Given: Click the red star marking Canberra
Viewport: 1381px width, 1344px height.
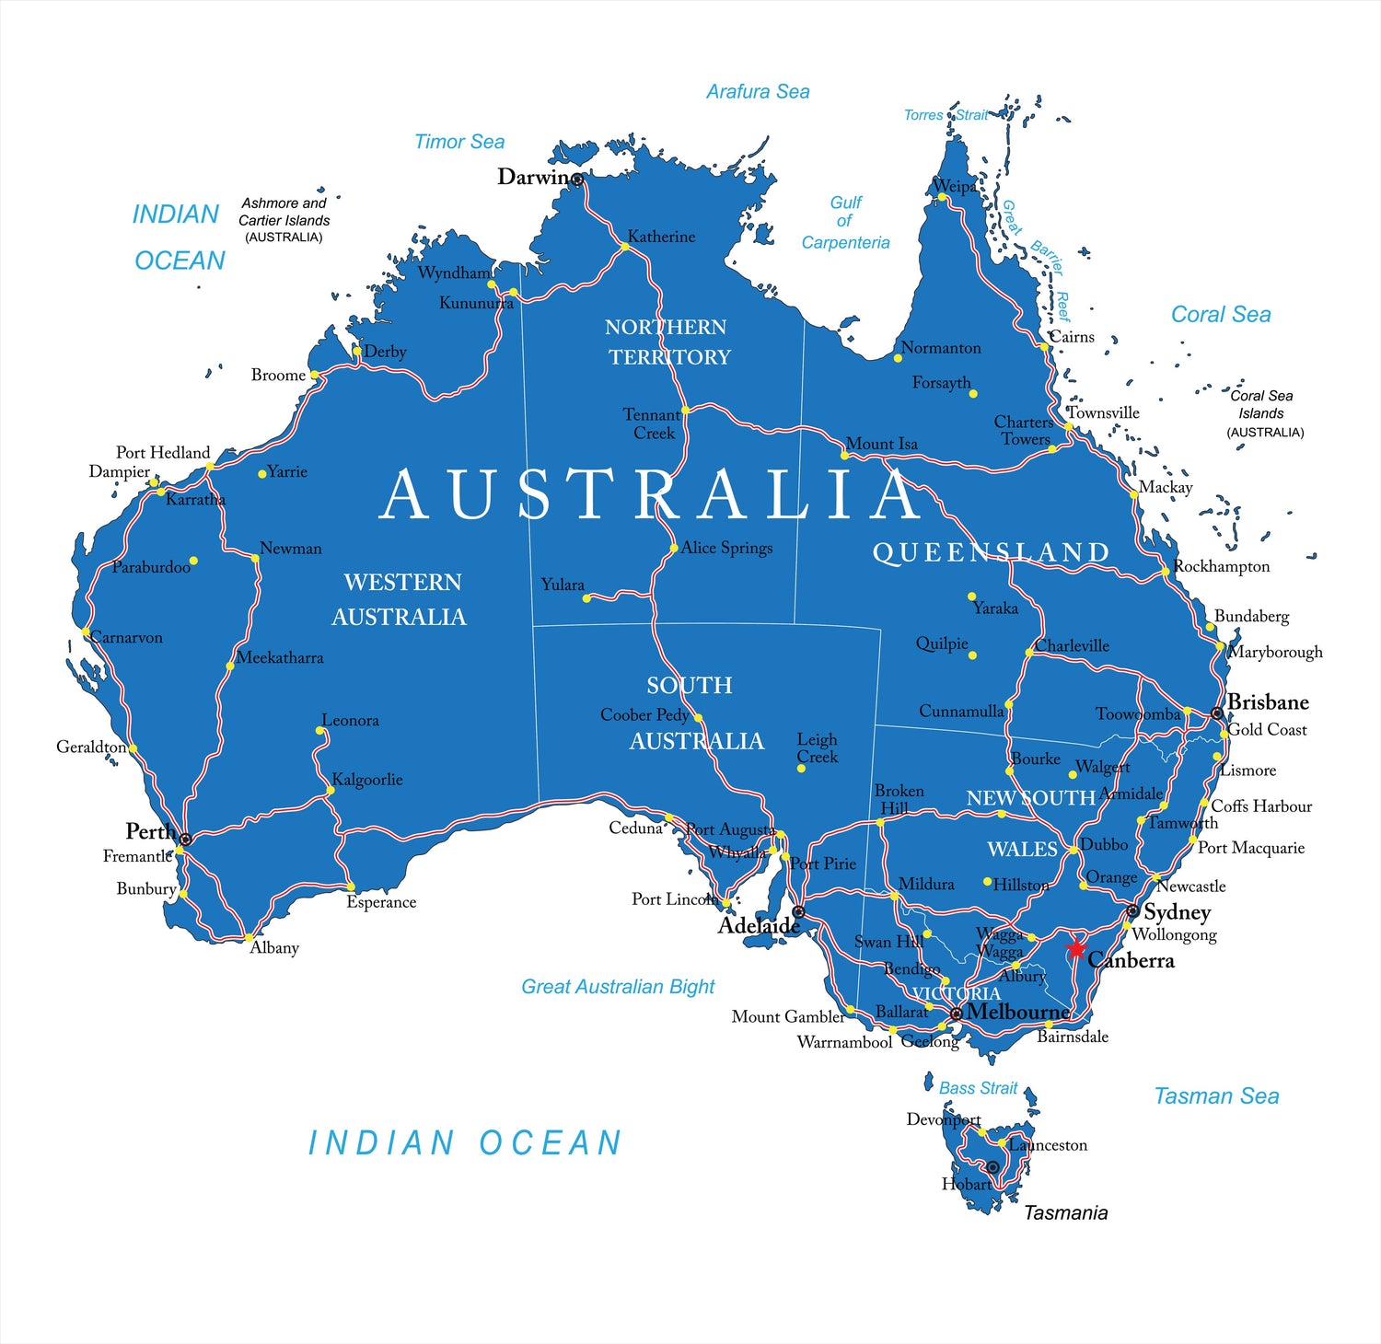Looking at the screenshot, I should click(1075, 948).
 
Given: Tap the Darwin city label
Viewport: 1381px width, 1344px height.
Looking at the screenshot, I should click(533, 177).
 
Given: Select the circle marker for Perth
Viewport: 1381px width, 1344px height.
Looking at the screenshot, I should click(185, 840).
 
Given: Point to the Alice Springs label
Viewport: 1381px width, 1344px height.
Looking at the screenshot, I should click(726, 548).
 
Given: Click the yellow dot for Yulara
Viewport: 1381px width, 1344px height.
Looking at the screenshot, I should click(586, 598).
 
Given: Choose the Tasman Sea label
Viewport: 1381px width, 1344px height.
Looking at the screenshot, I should click(1216, 1096).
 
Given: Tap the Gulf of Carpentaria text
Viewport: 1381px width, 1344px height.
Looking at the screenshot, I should click(845, 222).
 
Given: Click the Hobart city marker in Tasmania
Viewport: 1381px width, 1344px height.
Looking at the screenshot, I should click(992, 1167).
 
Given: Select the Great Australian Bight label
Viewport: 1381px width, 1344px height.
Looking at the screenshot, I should click(618, 987).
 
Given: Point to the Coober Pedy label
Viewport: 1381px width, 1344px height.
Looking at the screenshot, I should click(644, 714).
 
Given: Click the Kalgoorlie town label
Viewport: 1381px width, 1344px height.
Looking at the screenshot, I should click(366, 780).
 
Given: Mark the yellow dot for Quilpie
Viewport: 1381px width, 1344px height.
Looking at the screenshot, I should click(972, 655).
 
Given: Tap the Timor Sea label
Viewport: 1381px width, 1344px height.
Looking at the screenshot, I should click(459, 142).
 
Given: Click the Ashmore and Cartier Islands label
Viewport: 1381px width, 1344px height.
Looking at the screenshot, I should click(284, 219).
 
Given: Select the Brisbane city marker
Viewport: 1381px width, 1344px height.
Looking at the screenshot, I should click(1217, 713).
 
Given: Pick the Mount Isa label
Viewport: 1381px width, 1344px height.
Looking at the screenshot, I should click(881, 444).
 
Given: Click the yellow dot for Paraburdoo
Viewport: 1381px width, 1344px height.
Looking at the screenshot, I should click(193, 561).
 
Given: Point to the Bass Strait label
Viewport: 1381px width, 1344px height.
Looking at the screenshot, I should click(978, 1088).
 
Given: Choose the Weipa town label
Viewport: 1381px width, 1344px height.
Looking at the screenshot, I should click(955, 186).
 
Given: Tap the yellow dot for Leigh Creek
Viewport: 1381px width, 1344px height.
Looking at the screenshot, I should click(801, 768).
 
